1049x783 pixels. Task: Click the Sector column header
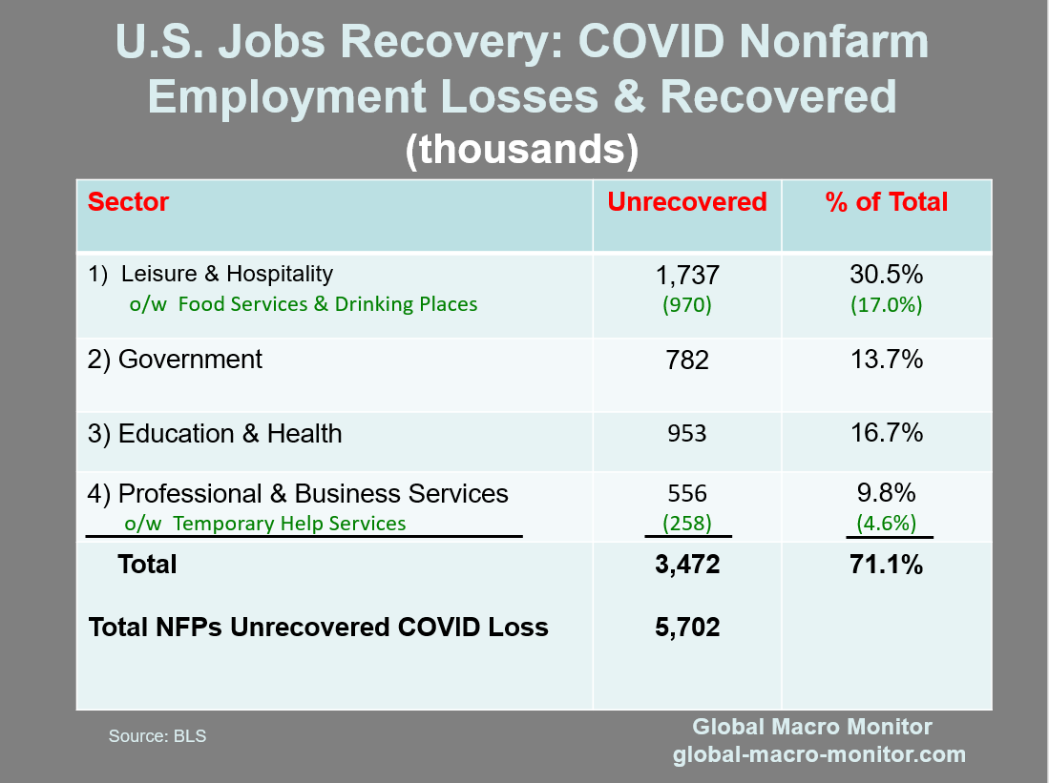point(128,202)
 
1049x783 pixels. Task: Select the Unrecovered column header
point(687,202)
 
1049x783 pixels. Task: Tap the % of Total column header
point(887,202)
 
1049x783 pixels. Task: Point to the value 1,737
point(687,277)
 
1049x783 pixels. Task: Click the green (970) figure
point(687,305)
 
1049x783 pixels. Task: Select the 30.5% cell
point(886,275)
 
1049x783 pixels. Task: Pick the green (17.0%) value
point(886,305)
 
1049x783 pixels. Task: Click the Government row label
point(175,360)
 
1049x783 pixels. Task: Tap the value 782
point(687,361)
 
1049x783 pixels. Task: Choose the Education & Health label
point(215,434)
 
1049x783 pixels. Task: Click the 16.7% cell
point(886,433)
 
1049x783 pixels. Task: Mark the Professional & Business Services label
point(298,494)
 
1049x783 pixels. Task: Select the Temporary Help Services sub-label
point(265,524)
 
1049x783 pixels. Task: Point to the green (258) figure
point(687,523)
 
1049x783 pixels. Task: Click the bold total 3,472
point(687,565)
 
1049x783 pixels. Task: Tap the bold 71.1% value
point(886,565)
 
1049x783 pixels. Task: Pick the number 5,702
point(687,628)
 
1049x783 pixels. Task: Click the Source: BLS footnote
point(157,736)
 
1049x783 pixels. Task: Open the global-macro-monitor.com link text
point(819,755)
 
